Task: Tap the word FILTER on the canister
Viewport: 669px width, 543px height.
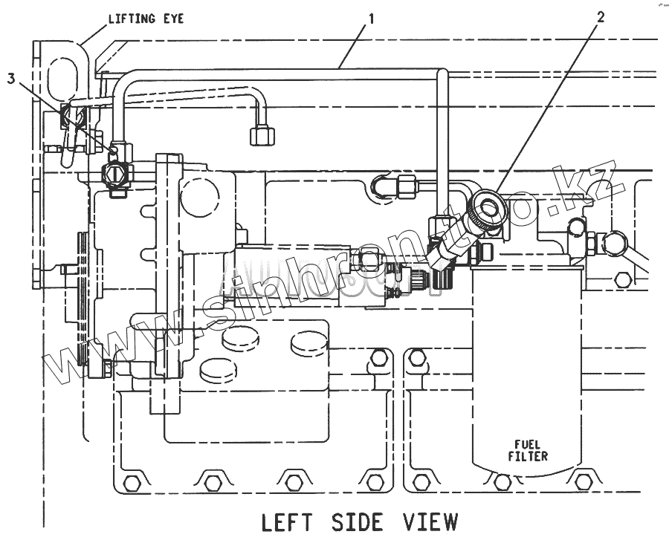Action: (x=528, y=456)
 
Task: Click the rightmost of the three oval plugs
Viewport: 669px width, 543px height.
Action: (x=307, y=342)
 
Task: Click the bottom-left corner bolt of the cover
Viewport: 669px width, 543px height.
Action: (x=132, y=484)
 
